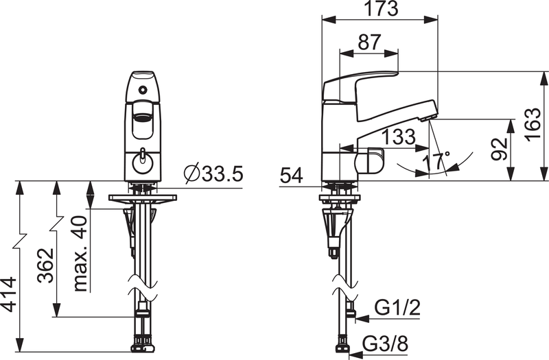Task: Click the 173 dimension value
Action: [x=382, y=8]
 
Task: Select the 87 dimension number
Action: [x=369, y=43]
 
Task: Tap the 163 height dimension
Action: [x=533, y=124]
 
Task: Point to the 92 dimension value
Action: [x=499, y=149]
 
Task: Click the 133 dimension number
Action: [x=399, y=136]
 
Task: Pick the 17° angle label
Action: [x=436, y=162]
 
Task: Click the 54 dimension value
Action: [x=291, y=176]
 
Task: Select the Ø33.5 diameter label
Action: [x=213, y=173]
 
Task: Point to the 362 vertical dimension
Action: [x=46, y=265]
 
